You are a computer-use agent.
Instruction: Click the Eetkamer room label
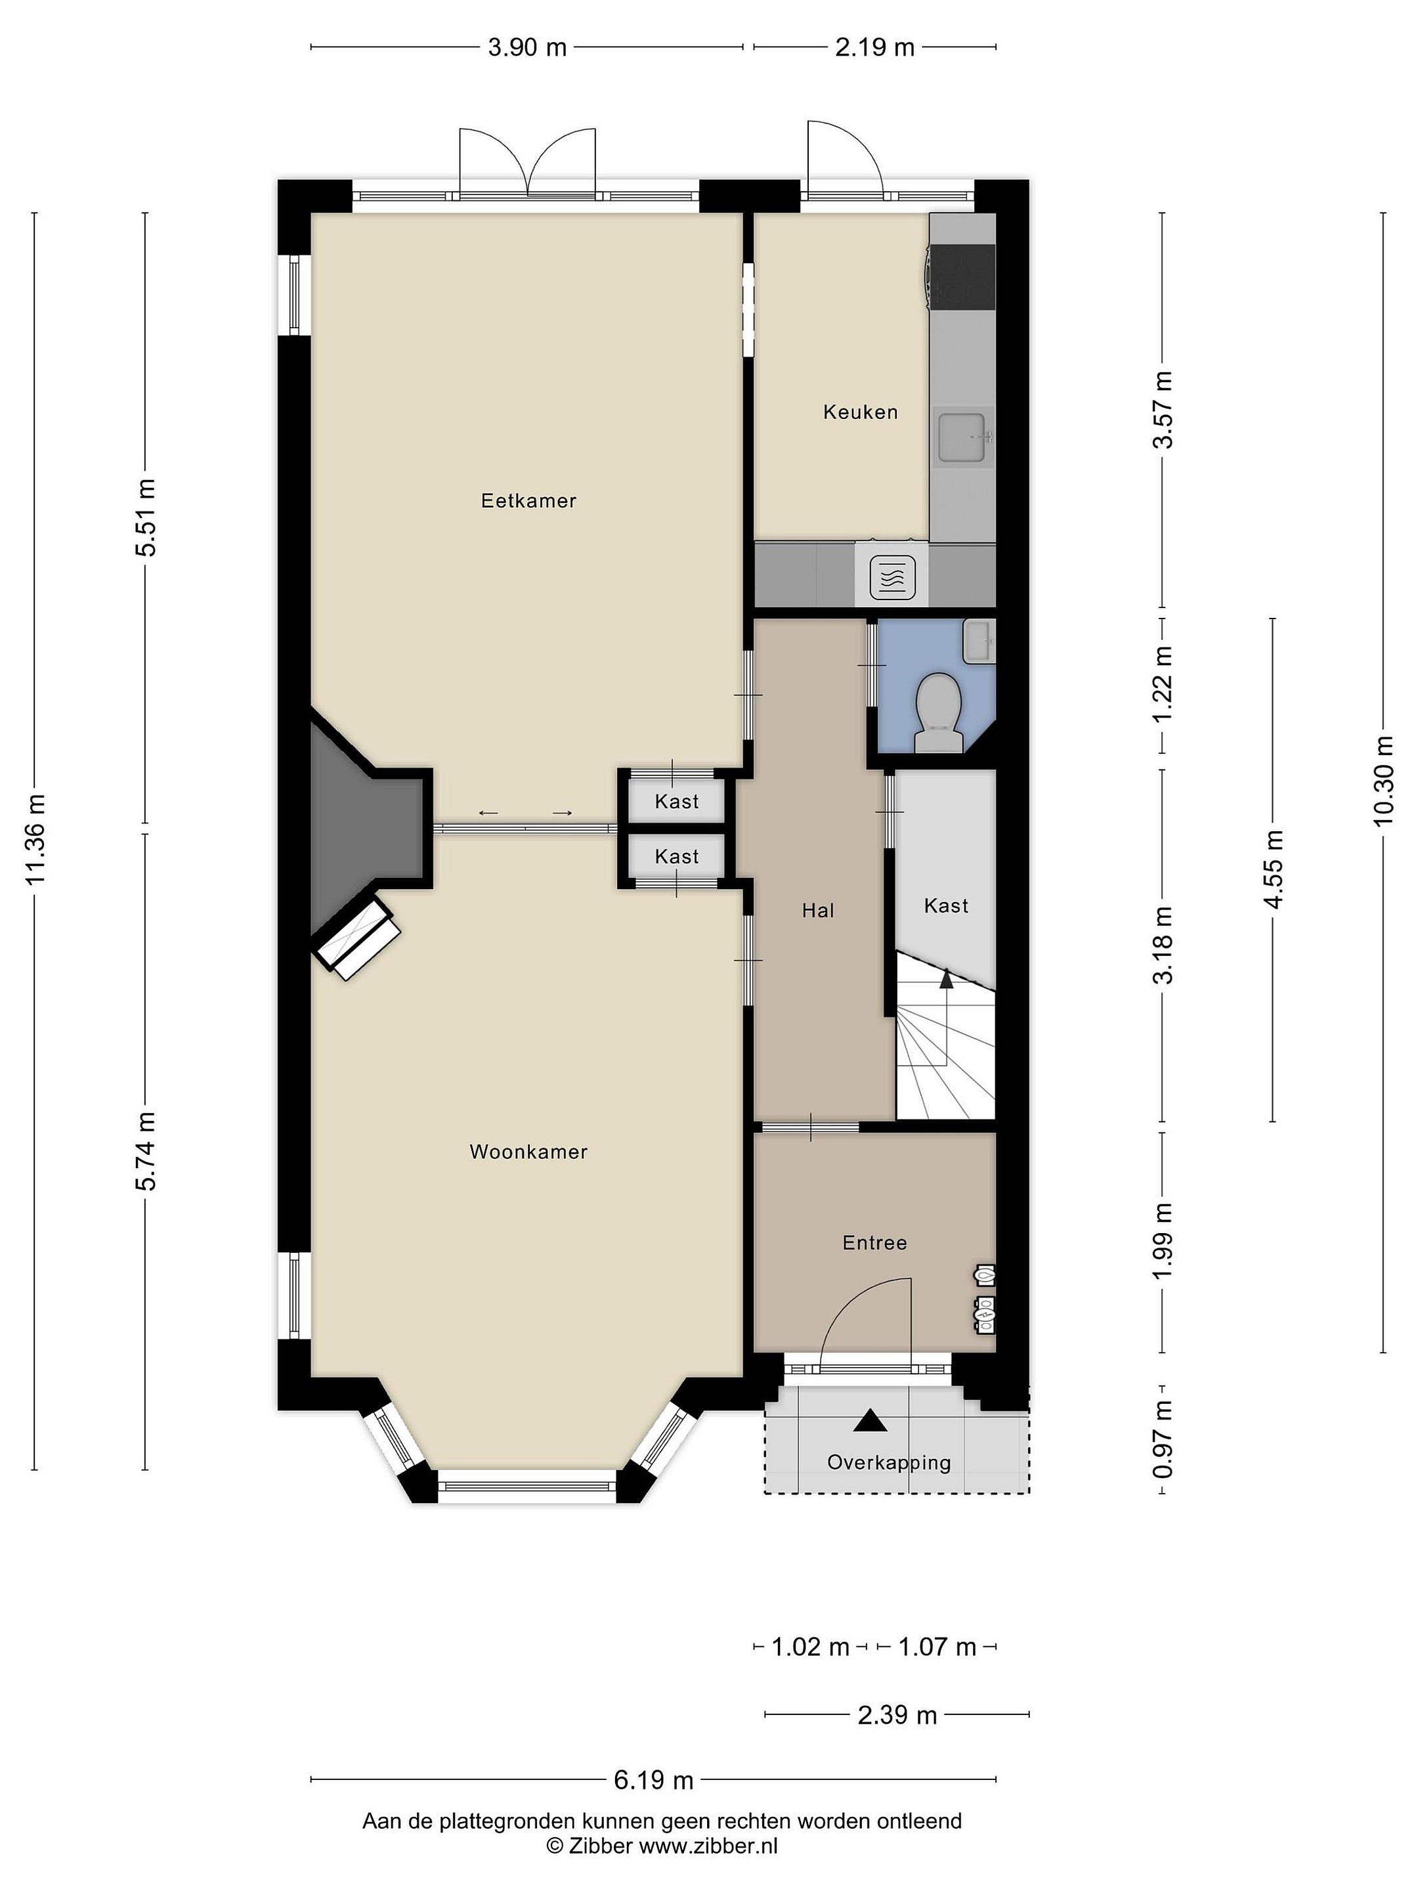click(528, 501)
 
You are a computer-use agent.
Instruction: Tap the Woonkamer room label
click(528, 1152)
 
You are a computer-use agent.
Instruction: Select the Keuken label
click(860, 412)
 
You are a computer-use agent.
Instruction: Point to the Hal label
click(817, 911)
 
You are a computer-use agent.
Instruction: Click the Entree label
click(874, 1242)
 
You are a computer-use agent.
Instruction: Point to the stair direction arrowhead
click(946, 979)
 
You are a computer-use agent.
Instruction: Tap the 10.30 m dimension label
click(1384, 781)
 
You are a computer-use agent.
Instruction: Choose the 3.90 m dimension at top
click(527, 47)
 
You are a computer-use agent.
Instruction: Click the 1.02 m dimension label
click(810, 1647)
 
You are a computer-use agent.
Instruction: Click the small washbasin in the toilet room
click(979, 641)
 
